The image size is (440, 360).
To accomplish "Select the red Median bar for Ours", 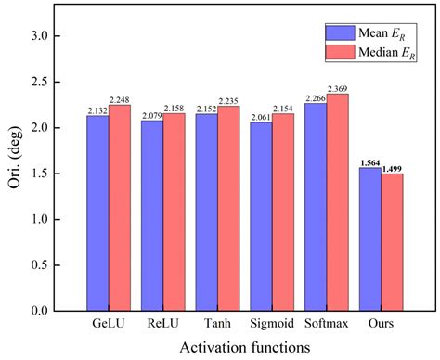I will coord(391,241).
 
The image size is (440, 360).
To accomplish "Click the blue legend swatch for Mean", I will coord(309,32).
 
